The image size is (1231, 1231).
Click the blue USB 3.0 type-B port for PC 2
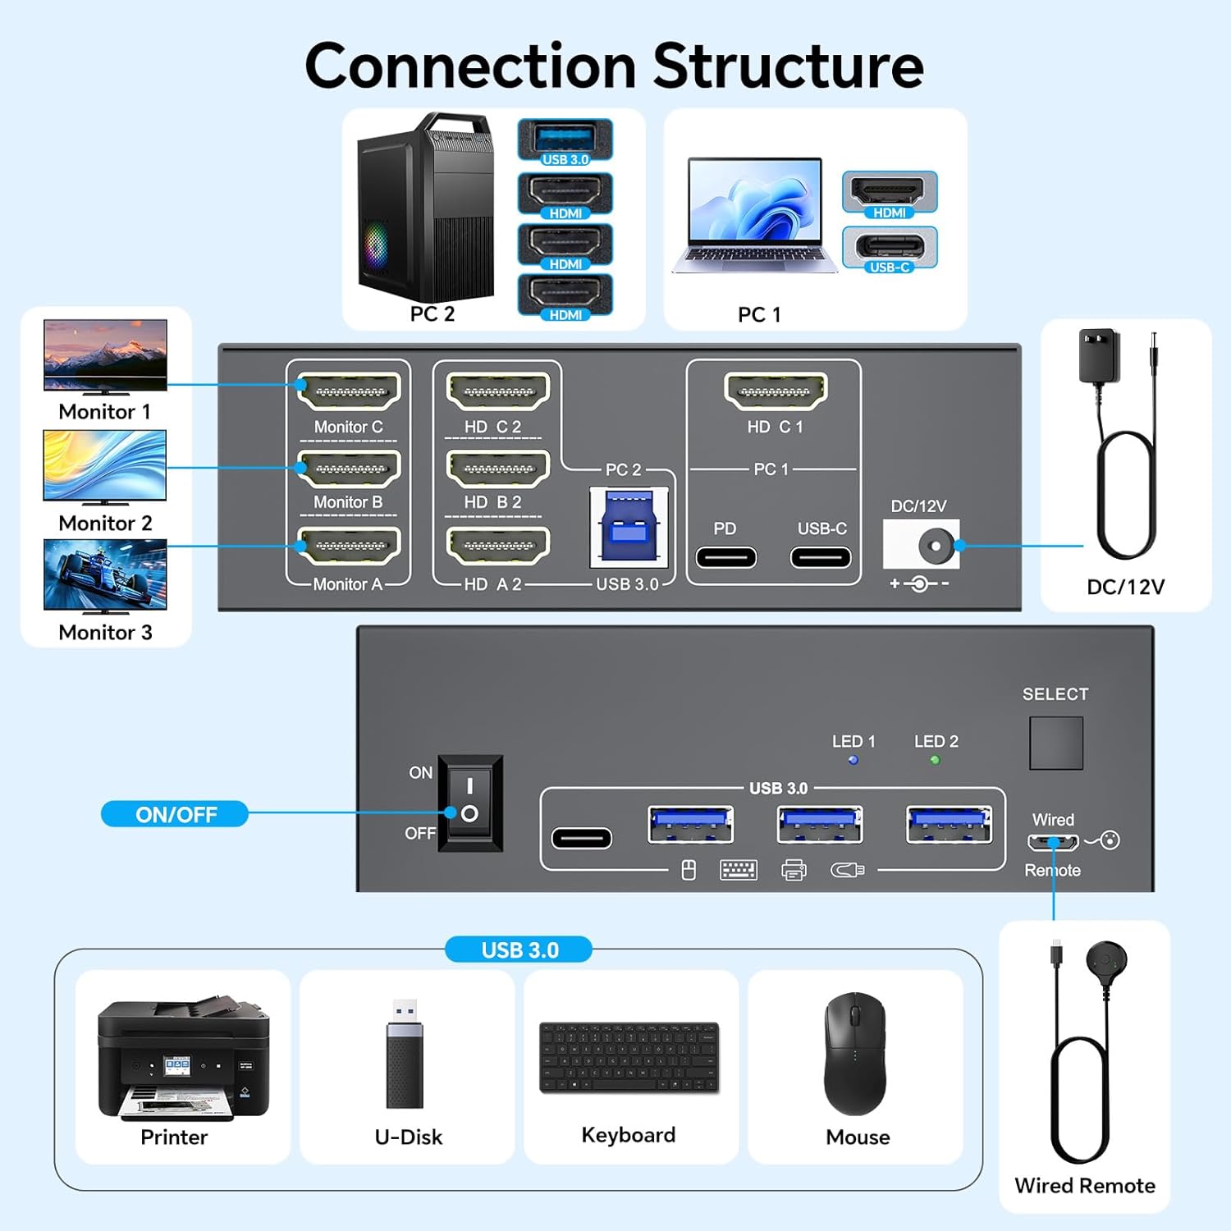[629, 527]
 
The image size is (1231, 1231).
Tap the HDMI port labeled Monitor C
[349, 391]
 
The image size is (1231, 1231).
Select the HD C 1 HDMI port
[776, 391]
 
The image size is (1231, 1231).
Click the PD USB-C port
[725, 557]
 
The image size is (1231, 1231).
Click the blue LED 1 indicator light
[853, 760]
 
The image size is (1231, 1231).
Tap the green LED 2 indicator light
[935, 760]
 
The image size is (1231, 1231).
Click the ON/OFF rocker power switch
[469, 802]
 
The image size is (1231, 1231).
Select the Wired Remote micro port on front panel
[1053, 843]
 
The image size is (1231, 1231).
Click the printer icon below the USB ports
[794, 870]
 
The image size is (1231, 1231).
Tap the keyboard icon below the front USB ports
[738, 870]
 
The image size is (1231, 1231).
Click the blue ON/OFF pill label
[175, 814]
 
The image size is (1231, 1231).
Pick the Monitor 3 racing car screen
[105, 574]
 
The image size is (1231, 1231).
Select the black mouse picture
[855, 1054]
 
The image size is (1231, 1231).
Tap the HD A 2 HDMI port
[498, 545]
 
